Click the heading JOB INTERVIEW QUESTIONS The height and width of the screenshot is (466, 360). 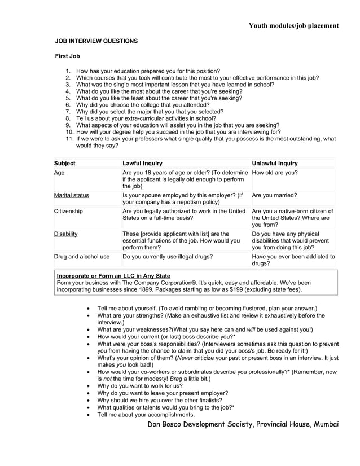pyautogui.click(x=95, y=42)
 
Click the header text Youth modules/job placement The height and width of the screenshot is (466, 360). pyautogui.click(x=293, y=25)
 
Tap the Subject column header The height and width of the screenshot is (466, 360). pyautogui.click(x=64, y=164)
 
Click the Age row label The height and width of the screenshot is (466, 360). pyautogui.click(x=59, y=173)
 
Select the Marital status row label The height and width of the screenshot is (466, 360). pyautogui.click(x=71, y=196)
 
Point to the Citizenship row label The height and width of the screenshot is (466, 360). pyautogui.click(x=68, y=212)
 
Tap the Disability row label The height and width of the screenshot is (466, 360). pyautogui.click(x=65, y=234)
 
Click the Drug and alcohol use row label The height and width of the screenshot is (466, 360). pyautogui.click(x=82, y=257)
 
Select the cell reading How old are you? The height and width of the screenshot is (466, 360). pyautogui.click(x=275, y=173)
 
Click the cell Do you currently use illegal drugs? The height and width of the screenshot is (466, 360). pyautogui.click(x=168, y=257)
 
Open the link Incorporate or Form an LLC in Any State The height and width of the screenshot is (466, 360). pyautogui.click(x=113, y=276)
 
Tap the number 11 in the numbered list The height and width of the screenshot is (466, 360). pyautogui.click(x=69, y=138)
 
